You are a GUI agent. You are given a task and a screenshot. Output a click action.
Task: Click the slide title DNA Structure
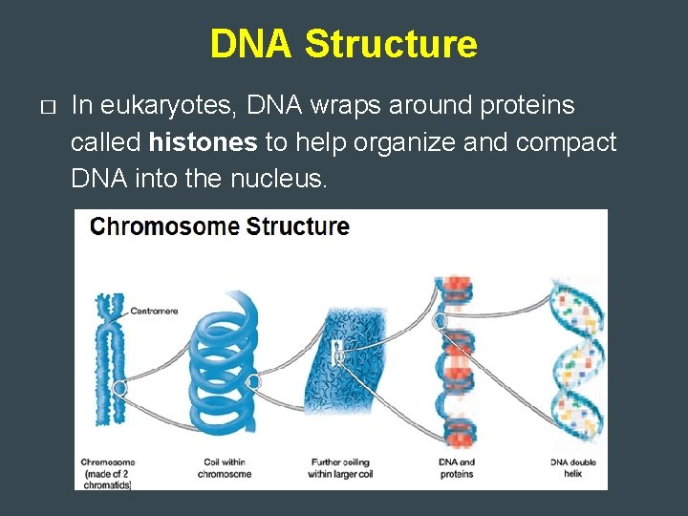[343, 44]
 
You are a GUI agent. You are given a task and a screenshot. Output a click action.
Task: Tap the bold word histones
[204, 143]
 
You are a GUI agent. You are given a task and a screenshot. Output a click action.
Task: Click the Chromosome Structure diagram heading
[219, 227]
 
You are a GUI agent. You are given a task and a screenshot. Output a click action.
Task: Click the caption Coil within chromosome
[227, 468]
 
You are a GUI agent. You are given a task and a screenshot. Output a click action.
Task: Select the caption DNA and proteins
[456, 468]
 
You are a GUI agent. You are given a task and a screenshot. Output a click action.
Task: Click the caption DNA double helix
[573, 468]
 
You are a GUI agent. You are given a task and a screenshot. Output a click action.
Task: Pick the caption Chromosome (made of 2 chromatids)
[107, 474]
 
